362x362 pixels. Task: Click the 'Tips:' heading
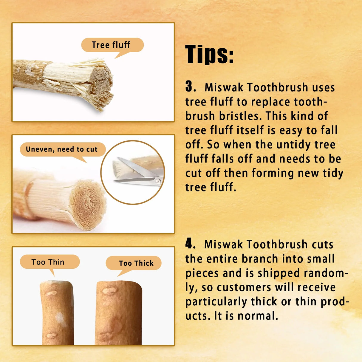(209, 54)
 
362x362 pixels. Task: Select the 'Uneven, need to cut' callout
(62, 149)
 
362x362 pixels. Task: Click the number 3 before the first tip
(189, 86)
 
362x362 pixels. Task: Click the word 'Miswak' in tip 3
(224, 87)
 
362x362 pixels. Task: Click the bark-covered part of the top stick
(28, 75)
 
